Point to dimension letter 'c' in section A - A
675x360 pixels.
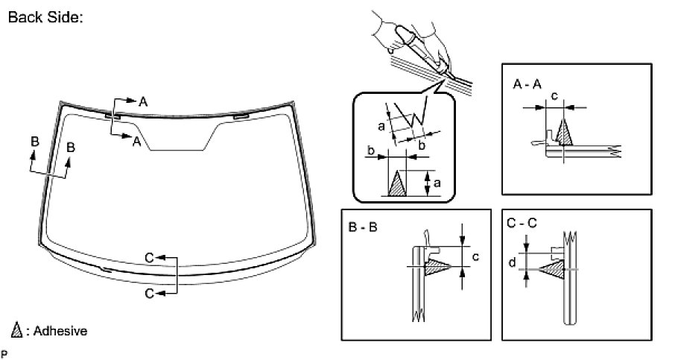554,95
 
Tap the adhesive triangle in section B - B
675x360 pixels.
436,268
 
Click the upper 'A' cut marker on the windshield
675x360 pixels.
143,101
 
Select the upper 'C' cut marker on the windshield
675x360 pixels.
150,257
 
